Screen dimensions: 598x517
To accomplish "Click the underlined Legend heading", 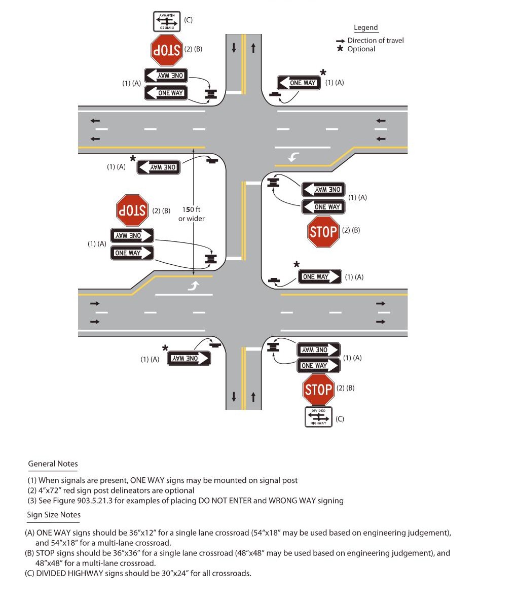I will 365,28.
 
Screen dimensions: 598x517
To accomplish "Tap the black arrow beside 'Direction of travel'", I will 340,41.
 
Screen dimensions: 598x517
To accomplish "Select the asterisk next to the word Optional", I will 340,49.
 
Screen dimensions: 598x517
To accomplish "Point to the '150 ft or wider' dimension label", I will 192,214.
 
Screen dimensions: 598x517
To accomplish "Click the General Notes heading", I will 53,464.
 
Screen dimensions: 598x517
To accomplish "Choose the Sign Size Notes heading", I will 54,515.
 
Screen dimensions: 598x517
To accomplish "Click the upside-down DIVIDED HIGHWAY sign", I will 167,21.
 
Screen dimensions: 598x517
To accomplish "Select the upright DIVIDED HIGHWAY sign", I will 318,417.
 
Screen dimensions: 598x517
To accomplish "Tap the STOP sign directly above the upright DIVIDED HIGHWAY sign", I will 318,390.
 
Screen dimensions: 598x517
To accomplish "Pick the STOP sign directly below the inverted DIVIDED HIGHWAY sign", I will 167,50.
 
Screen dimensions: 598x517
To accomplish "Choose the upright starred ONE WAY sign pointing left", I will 299,83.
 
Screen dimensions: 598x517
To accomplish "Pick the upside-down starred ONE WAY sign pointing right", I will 189,358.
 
